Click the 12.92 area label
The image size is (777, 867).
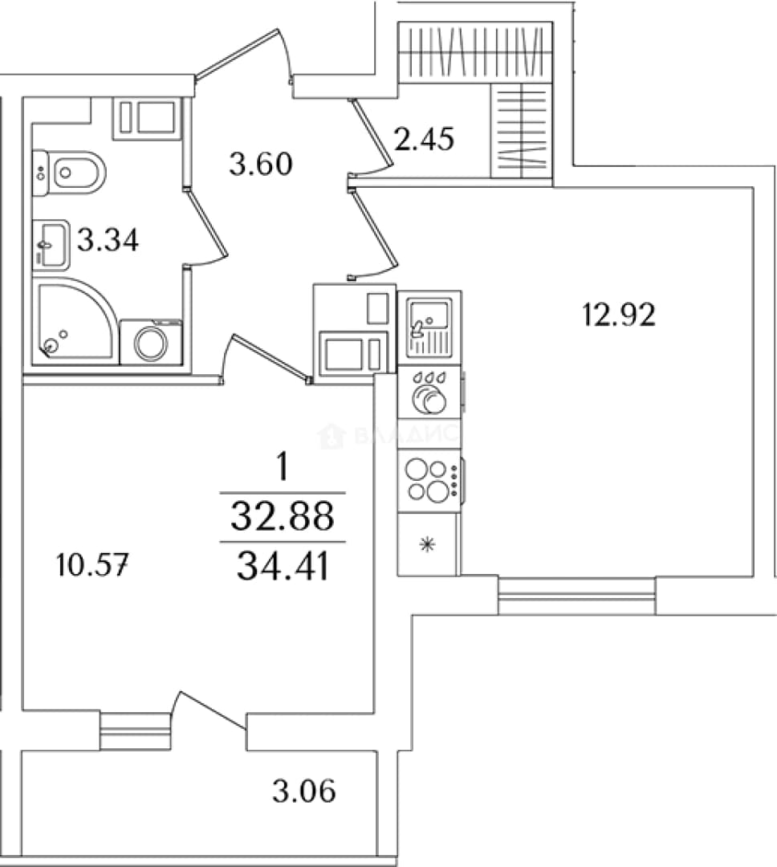point(619,315)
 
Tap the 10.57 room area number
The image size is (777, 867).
point(93,566)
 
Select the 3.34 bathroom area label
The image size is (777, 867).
point(108,240)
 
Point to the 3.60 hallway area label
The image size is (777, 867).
point(261,164)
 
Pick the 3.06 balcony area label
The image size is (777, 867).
point(304,791)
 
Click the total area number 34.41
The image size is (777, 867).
point(283,566)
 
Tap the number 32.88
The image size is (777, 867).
point(283,515)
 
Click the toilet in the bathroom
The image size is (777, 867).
point(69,173)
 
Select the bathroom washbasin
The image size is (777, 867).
point(51,245)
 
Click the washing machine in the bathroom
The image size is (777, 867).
point(151,342)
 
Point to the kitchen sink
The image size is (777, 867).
point(429,328)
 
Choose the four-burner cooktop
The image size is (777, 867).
point(429,481)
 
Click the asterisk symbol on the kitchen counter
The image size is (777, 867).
point(428,545)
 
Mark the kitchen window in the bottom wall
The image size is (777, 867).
point(577,596)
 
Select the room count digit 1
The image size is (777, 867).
point(283,467)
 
